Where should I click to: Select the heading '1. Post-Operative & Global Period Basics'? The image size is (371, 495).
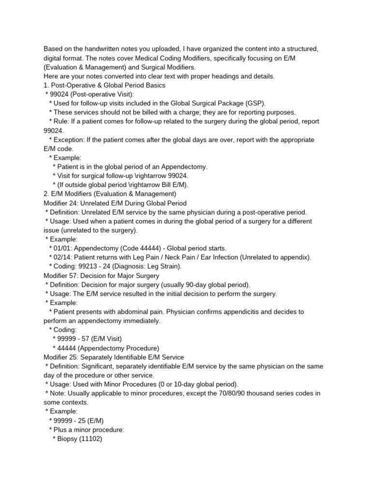tap(104, 85)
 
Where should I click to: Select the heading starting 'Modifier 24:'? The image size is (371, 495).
tap(115, 203)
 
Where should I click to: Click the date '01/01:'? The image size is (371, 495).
tap(64, 248)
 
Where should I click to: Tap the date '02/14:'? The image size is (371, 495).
tap(64, 257)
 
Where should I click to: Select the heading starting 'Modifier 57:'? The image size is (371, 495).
tap(101, 276)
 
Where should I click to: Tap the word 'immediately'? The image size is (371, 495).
tap(143, 321)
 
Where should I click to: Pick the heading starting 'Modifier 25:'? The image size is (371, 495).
tap(114, 357)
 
